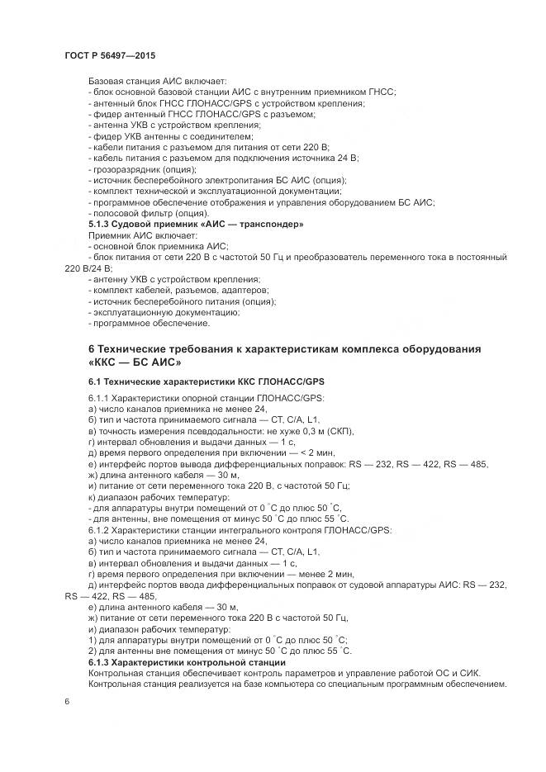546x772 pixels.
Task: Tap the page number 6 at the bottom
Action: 67,702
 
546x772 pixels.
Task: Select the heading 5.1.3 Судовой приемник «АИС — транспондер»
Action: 196,224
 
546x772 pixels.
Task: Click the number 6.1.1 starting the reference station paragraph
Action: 99,398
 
